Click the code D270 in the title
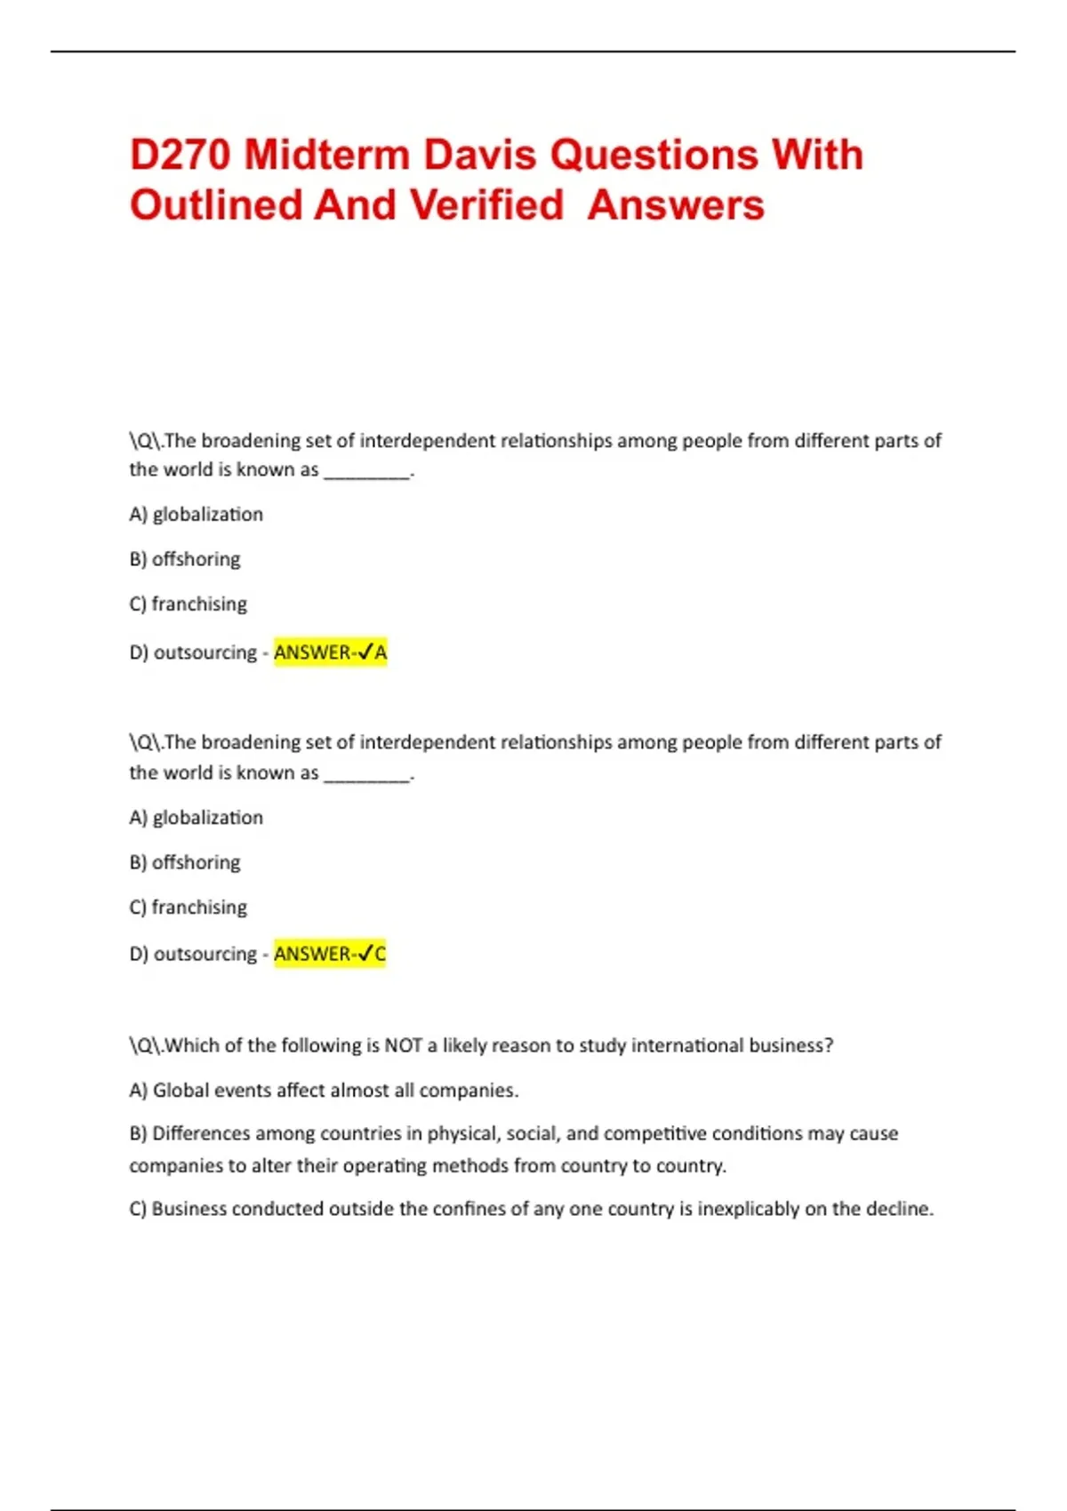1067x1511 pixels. pyautogui.click(x=181, y=155)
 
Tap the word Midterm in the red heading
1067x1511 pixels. pyautogui.click(x=327, y=155)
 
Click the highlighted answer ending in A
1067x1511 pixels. pyautogui.click(x=330, y=652)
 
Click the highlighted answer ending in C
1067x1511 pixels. pyautogui.click(x=330, y=954)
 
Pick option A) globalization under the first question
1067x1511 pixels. pyautogui.click(x=197, y=515)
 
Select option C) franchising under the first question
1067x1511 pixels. pyautogui.click(x=189, y=604)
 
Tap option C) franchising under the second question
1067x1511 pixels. pyautogui.click(x=189, y=907)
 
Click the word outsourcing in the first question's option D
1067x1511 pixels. pyautogui.click(x=205, y=652)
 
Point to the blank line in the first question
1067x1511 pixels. pyautogui.click(x=367, y=473)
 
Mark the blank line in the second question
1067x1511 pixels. pyautogui.click(x=367, y=776)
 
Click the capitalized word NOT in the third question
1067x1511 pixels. pyautogui.click(x=403, y=1045)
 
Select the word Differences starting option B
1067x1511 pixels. pyautogui.click(x=201, y=1133)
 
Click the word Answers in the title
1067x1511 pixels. pyautogui.click(x=676, y=205)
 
